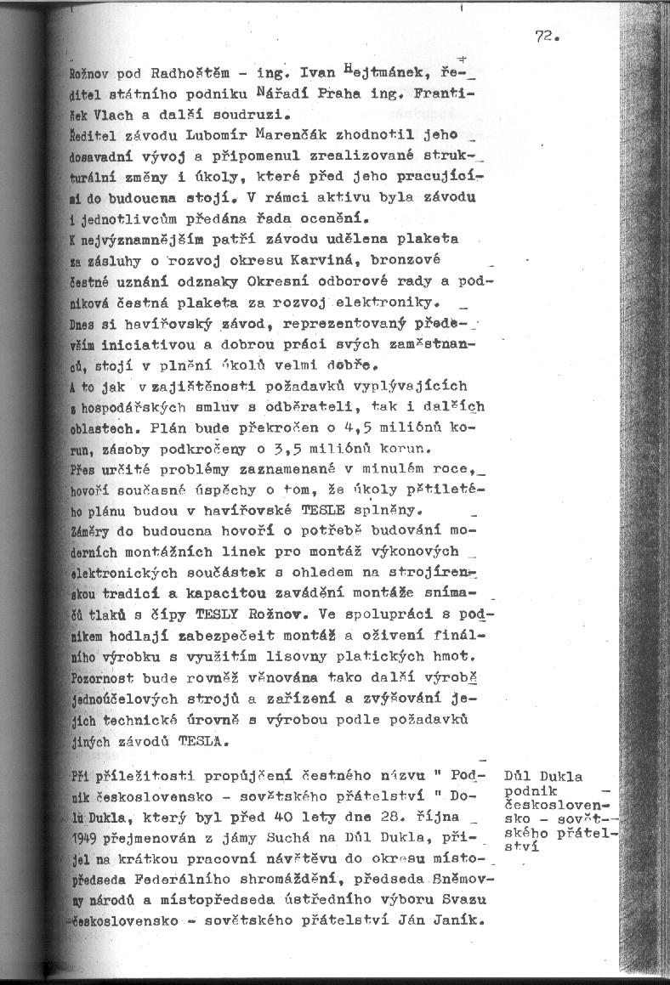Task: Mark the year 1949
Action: click(87, 839)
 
